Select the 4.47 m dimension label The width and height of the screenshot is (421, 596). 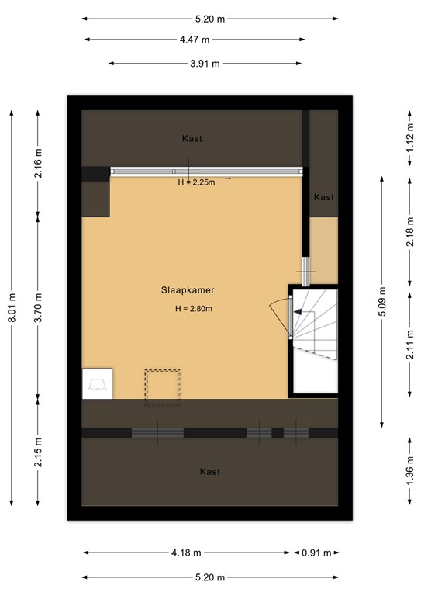[195, 39]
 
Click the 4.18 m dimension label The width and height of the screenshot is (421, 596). [186, 553]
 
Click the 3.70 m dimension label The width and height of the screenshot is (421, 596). [38, 306]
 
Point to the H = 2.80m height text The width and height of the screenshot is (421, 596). [194, 309]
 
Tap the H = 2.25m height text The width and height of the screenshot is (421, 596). [196, 182]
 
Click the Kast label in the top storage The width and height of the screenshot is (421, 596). [192, 139]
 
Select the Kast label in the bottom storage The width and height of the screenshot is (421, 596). [209, 472]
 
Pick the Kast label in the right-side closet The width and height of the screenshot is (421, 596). [324, 197]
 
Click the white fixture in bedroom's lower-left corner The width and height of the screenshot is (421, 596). [98, 383]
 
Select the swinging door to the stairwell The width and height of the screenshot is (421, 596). [280, 315]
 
